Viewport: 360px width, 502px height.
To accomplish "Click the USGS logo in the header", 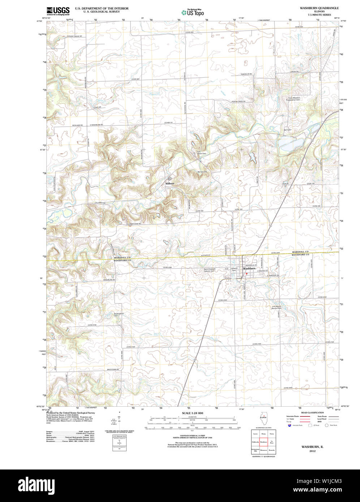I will coord(58,10).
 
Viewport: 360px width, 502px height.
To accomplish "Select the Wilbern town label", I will coord(170,183).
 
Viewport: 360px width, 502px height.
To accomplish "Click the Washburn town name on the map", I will coord(249,269).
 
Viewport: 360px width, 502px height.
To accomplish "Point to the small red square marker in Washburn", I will coord(247,273).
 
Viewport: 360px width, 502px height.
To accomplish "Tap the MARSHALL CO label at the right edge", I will coord(300,251).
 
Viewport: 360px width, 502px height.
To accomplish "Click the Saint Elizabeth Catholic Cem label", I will coord(210,269).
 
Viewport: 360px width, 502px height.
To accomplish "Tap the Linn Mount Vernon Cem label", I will coord(277,307).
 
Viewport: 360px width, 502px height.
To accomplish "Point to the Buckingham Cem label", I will coord(119,314).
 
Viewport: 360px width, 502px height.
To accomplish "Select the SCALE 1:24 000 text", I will coord(192,413).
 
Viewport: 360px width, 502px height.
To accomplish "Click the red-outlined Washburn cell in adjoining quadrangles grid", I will coord(263,442).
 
